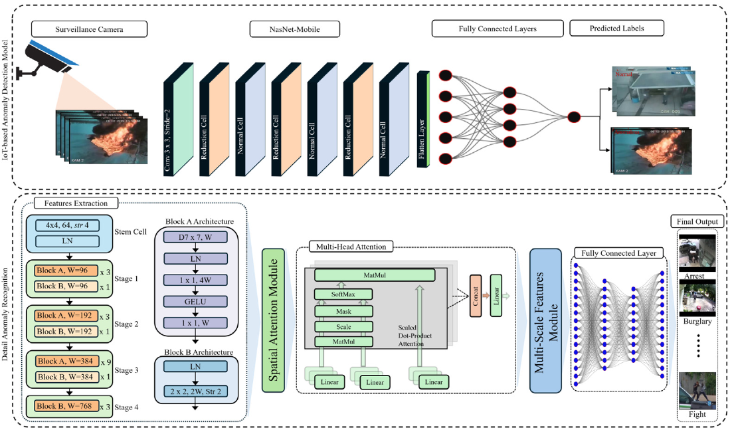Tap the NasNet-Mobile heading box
coord(294,29)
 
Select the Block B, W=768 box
coord(67,405)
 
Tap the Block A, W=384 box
coord(67,361)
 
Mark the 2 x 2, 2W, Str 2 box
coord(195,391)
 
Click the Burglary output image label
coord(697,321)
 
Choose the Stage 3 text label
coord(126,369)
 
